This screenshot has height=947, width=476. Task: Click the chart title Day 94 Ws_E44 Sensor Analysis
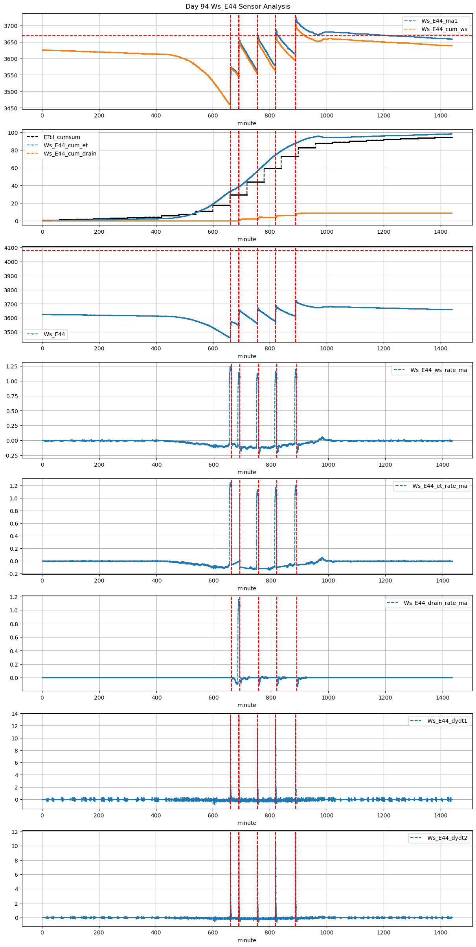click(x=238, y=7)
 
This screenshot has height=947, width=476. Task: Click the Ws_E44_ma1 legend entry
click(x=439, y=21)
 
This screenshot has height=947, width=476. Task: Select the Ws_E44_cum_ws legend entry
click(x=444, y=29)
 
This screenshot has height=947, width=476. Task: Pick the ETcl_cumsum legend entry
click(x=62, y=137)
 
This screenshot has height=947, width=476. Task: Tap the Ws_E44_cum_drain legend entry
click(x=70, y=154)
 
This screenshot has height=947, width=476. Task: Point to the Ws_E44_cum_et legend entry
click(x=66, y=145)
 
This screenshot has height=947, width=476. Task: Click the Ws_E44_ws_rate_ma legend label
click(x=439, y=370)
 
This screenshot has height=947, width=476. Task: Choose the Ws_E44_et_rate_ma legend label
click(x=439, y=486)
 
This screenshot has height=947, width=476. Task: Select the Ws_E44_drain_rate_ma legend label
click(x=435, y=603)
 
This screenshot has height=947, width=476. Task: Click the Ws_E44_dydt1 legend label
click(x=447, y=721)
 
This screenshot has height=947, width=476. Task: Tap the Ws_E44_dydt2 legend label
click(x=447, y=838)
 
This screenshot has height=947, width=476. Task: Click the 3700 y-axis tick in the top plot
click(x=11, y=26)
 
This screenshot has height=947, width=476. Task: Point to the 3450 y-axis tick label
click(x=11, y=108)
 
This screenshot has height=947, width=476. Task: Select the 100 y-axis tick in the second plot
click(x=13, y=133)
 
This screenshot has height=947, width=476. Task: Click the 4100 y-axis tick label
click(x=11, y=248)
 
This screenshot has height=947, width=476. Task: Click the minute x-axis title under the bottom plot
click(x=246, y=940)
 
